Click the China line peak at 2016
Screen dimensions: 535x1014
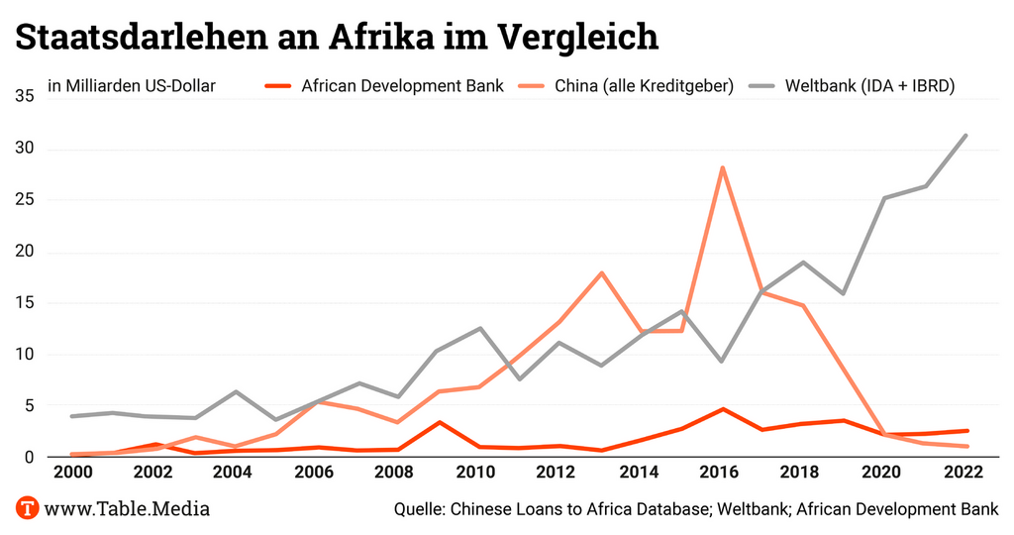pos(723,167)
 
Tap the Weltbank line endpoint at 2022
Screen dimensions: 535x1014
pos(965,136)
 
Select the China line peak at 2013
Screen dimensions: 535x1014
pos(601,272)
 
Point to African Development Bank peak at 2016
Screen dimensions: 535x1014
pos(723,409)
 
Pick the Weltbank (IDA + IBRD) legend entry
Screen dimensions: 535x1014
pos(868,86)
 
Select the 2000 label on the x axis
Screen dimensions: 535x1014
pos(75,472)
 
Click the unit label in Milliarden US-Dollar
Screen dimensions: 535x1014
pos(132,86)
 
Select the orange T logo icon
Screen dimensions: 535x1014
pos(28,509)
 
